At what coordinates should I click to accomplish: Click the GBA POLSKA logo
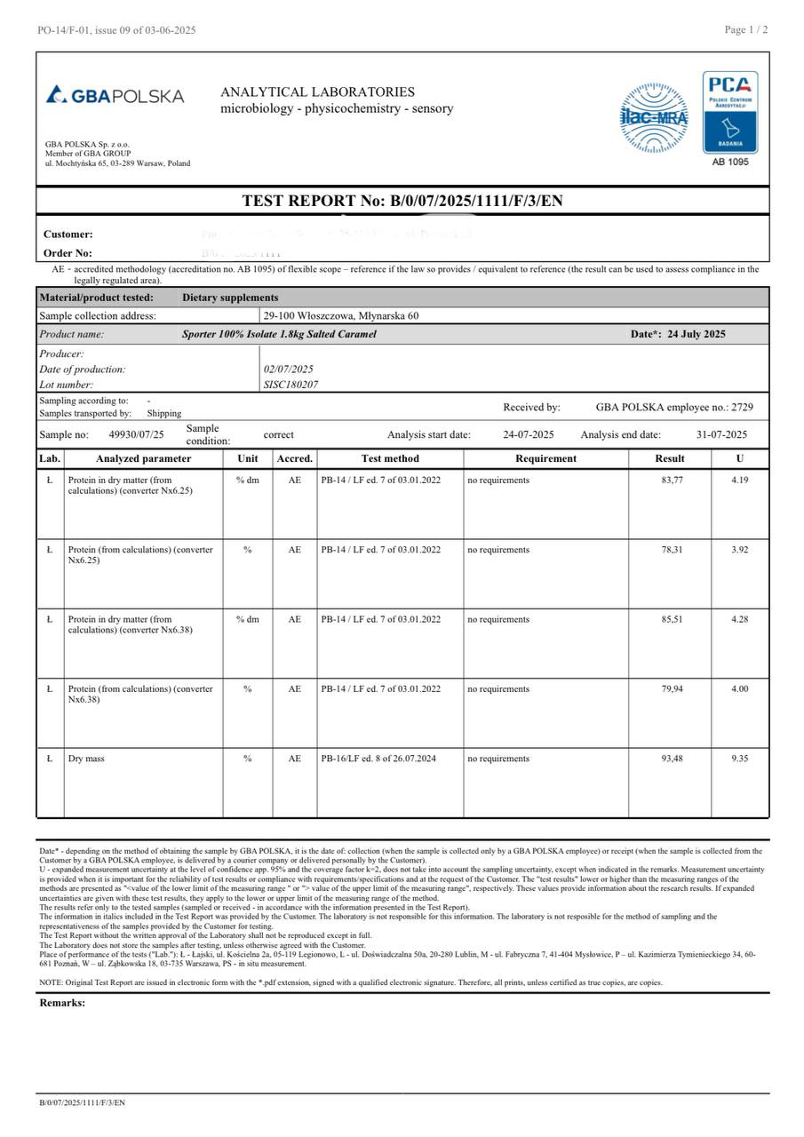[x=115, y=95]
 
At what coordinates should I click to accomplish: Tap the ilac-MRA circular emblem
[x=653, y=118]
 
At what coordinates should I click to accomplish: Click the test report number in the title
[x=476, y=201]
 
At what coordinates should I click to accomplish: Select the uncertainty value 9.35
[x=739, y=759]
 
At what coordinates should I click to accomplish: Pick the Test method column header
[x=390, y=458]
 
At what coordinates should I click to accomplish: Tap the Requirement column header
[x=545, y=458]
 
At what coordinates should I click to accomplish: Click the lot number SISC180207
[x=291, y=385]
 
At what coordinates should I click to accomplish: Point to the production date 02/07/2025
[x=289, y=369]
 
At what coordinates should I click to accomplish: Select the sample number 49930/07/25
[x=136, y=434]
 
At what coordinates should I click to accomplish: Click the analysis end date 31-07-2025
[x=721, y=434]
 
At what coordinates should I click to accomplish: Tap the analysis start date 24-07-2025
[x=528, y=434]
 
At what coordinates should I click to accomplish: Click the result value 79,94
[x=672, y=689]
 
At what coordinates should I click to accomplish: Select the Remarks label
[x=62, y=1003]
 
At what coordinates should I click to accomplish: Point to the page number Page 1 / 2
[x=746, y=29]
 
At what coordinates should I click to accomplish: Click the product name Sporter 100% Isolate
[x=279, y=334]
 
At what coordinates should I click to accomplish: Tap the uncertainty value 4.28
[x=739, y=619]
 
